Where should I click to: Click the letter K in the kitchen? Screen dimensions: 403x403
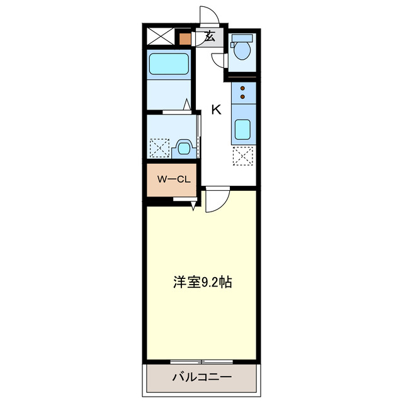pyautogui.click(x=216, y=110)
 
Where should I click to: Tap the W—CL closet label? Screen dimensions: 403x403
pyautogui.click(x=173, y=179)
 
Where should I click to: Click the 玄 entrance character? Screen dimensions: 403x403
pyautogui.click(x=210, y=37)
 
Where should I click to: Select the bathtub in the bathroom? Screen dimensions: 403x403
pyautogui.click(x=168, y=64)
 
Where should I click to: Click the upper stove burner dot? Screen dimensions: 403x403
pyautogui.click(x=242, y=89)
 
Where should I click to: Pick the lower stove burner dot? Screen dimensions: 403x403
pyautogui.click(x=242, y=98)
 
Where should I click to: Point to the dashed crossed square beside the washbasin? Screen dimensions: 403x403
pyautogui.click(x=159, y=149)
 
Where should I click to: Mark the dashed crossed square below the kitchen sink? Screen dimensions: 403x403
pyautogui.click(x=242, y=156)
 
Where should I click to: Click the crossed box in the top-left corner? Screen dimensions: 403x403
pyautogui.click(x=160, y=37)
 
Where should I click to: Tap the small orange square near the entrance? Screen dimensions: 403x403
pyautogui.click(x=184, y=38)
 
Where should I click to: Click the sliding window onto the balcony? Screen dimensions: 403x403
pyautogui.click(x=202, y=362)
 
